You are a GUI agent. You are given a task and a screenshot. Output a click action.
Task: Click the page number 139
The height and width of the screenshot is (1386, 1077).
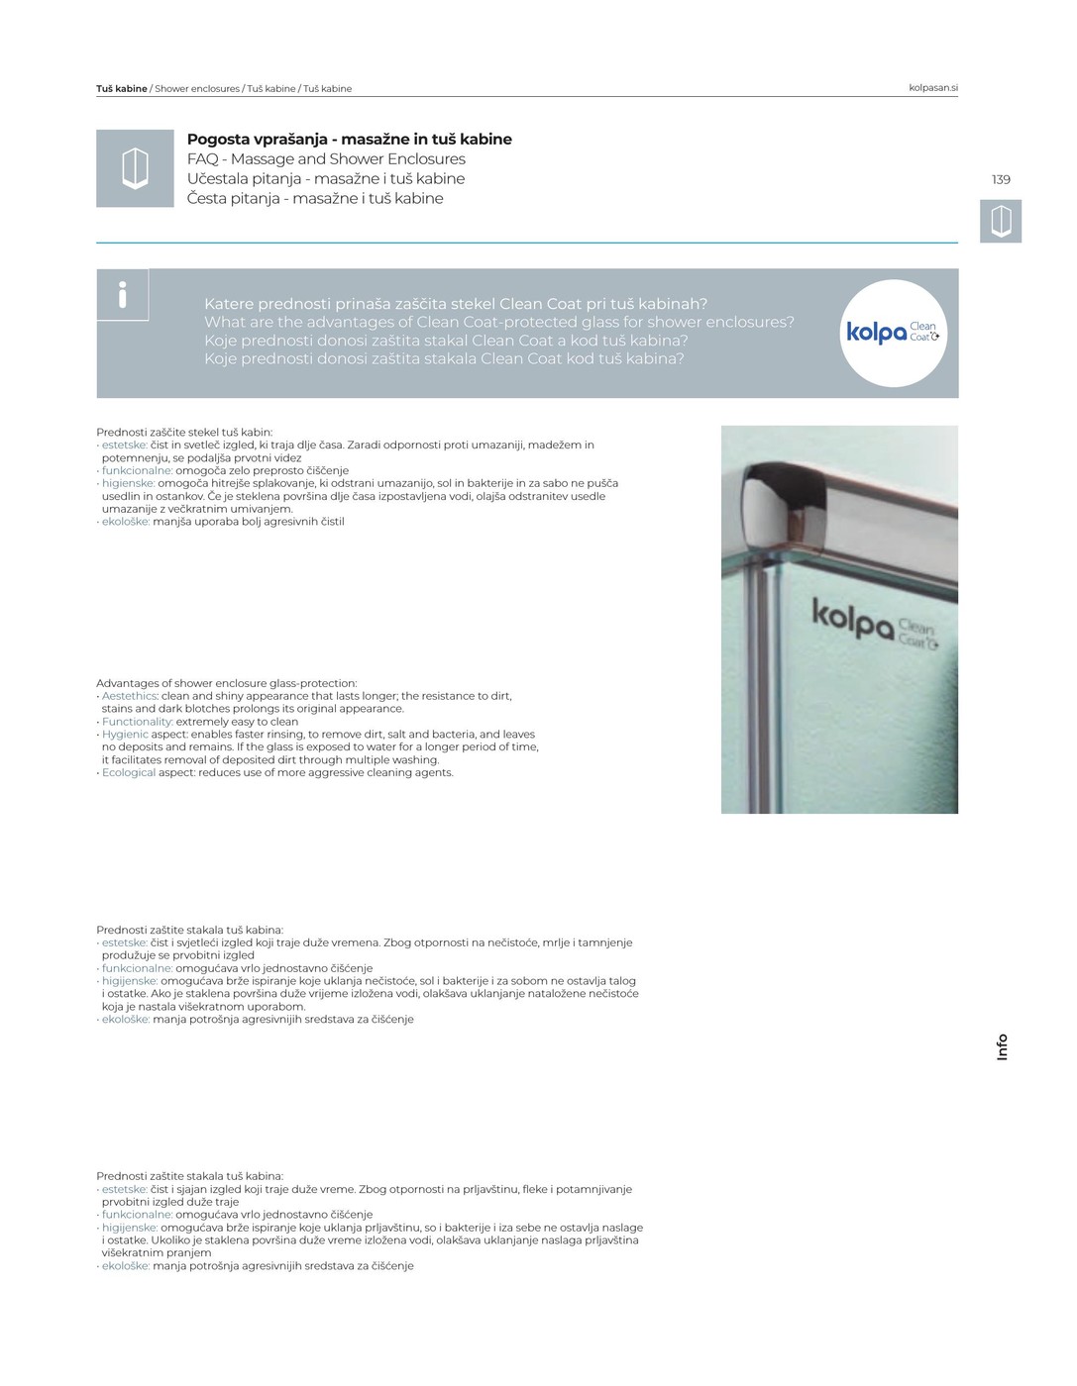pyautogui.click(x=1001, y=179)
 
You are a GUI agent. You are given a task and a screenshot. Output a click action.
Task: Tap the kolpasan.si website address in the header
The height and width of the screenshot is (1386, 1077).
pyautogui.click(x=932, y=88)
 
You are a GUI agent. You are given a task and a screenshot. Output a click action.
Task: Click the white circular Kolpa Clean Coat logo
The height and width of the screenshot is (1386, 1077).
pyautogui.click(x=893, y=333)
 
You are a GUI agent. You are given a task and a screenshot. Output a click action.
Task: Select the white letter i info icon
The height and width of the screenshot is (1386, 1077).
pyautogui.click(x=123, y=294)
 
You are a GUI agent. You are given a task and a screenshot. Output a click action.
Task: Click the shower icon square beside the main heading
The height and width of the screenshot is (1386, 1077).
pyautogui.click(x=135, y=168)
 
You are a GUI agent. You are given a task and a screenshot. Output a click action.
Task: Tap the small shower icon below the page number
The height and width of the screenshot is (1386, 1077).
pyautogui.click(x=1001, y=221)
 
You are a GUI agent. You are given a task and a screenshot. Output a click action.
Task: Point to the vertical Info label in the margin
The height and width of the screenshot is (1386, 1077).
pyautogui.click(x=1002, y=1047)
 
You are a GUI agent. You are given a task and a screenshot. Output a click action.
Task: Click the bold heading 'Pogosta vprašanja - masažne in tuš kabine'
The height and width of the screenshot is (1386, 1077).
pyautogui.click(x=349, y=140)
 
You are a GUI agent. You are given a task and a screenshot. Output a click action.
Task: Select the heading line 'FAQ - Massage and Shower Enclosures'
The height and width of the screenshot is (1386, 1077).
pyautogui.click(x=326, y=159)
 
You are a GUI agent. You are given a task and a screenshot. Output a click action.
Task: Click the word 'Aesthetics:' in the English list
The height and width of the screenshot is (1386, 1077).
pyautogui.click(x=130, y=696)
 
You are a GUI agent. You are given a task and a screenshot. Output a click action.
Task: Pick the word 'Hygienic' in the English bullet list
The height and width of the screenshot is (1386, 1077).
pyautogui.click(x=125, y=735)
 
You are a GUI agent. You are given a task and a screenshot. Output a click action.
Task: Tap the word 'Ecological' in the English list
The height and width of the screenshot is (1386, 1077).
pyautogui.click(x=129, y=773)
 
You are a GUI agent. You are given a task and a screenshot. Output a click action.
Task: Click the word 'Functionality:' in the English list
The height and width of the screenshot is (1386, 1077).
pyautogui.click(x=138, y=722)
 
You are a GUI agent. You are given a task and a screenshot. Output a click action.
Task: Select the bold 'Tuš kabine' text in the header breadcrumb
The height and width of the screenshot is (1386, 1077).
pyautogui.click(x=122, y=89)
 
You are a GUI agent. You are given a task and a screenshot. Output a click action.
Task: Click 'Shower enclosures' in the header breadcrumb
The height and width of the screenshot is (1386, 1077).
pyautogui.click(x=197, y=89)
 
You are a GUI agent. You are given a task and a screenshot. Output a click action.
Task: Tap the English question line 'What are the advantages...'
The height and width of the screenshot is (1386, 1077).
pyautogui.click(x=499, y=322)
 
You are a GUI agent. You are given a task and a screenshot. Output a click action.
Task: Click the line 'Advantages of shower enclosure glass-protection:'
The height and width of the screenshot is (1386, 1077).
pyautogui.click(x=227, y=683)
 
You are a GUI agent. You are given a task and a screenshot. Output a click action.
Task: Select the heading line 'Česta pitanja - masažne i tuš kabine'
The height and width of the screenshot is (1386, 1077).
pyautogui.click(x=315, y=199)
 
